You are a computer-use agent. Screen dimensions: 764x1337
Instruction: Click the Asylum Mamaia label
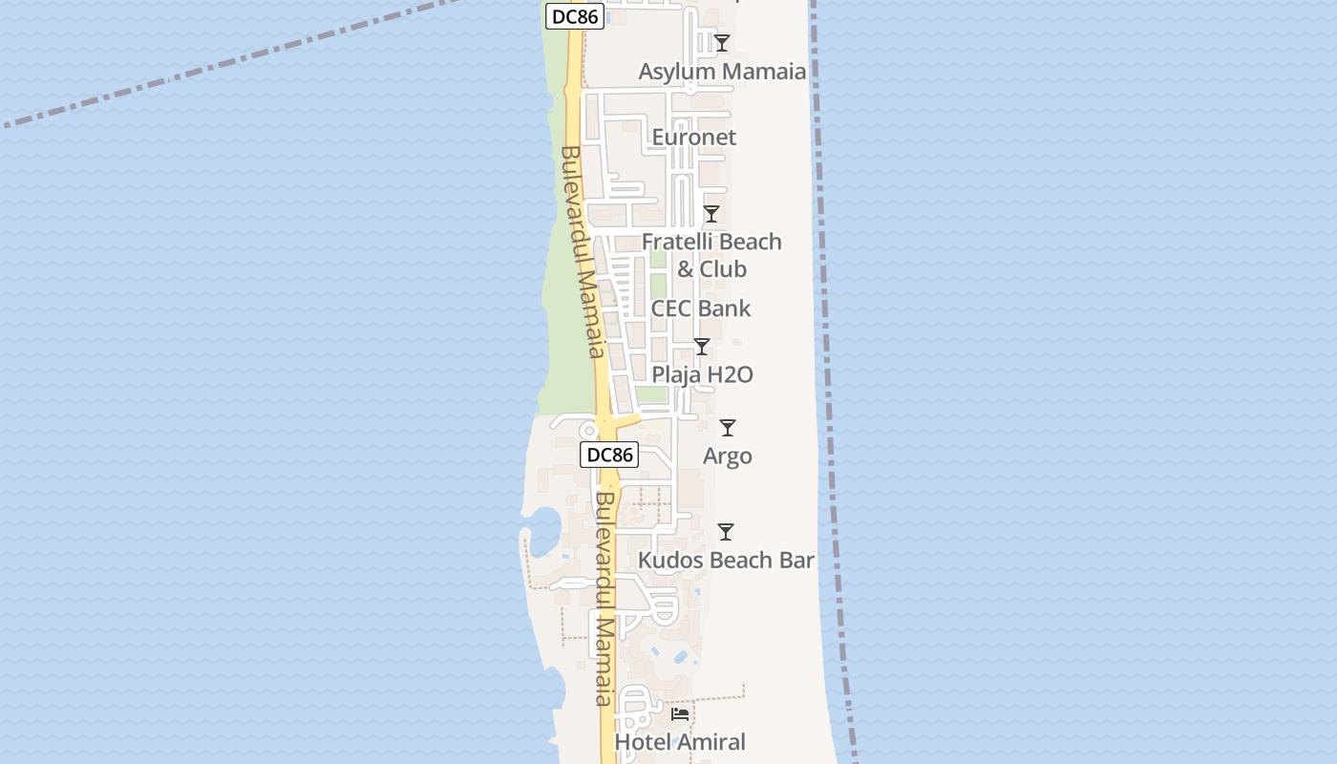pyautogui.click(x=722, y=72)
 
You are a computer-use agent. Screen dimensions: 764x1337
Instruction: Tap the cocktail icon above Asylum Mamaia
pyautogui.click(x=722, y=43)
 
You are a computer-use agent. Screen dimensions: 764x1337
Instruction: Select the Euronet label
pyautogui.click(x=694, y=138)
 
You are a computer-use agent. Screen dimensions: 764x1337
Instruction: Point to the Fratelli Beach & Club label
pyautogui.click(x=711, y=255)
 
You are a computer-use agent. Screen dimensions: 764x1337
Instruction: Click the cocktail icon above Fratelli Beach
pyautogui.click(x=711, y=214)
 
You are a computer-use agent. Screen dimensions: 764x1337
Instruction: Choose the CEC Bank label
pyautogui.click(x=701, y=308)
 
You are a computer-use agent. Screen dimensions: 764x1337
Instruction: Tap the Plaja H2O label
pyautogui.click(x=702, y=374)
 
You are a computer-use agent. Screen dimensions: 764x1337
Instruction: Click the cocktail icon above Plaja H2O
pyautogui.click(x=702, y=347)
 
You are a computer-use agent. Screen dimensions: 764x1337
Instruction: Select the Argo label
pyautogui.click(x=728, y=456)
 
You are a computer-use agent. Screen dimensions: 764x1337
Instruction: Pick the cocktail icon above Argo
pyautogui.click(x=728, y=428)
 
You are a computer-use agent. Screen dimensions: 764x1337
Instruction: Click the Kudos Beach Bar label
pyautogui.click(x=726, y=561)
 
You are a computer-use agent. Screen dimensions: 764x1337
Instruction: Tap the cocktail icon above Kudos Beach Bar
pyautogui.click(x=726, y=532)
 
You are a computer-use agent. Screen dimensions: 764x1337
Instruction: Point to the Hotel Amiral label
pyautogui.click(x=680, y=742)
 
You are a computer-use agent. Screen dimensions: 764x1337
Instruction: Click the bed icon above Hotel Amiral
pyautogui.click(x=680, y=713)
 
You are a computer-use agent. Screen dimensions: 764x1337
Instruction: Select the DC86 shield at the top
pyautogui.click(x=576, y=16)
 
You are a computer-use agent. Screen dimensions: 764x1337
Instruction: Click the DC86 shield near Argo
pyautogui.click(x=609, y=455)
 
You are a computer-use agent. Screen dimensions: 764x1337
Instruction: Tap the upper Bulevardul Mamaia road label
pyautogui.click(x=584, y=252)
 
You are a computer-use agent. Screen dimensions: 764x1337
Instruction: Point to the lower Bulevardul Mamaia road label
pyautogui.click(x=605, y=599)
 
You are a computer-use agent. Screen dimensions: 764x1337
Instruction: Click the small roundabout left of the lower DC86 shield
pyautogui.click(x=589, y=432)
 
